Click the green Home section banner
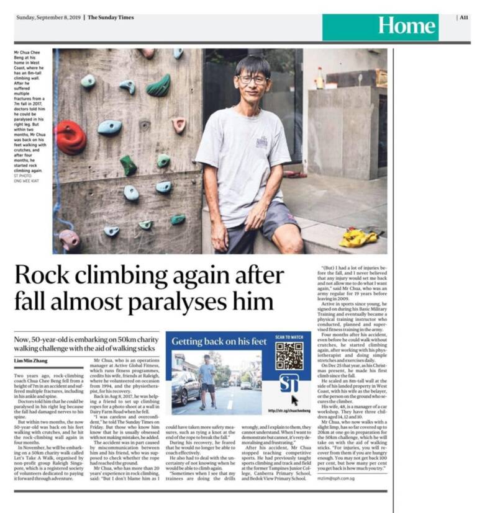tap(407, 27)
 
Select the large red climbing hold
tap(70, 136)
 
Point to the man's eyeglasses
tap(253, 79)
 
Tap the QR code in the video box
tap(289, 355)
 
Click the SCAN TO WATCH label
tap(289, 337)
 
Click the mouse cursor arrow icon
tap(294, 401)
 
